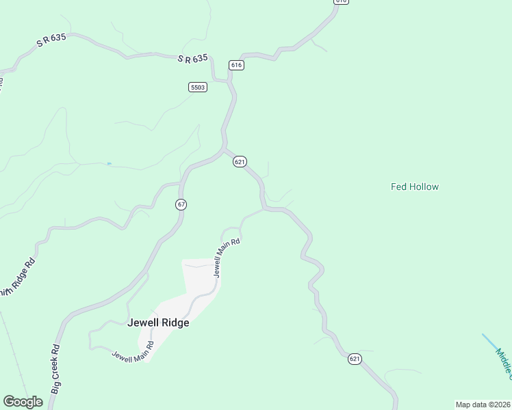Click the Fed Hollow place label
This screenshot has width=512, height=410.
[414, 187]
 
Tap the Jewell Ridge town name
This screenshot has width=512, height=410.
[158, 323]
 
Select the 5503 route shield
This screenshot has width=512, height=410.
[198, 87]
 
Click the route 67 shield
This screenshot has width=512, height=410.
[181, 204]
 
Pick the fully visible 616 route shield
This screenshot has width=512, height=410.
[236, 65]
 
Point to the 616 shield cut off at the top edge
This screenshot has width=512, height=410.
[341, 1]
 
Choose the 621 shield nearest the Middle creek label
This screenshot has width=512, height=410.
[354, 359]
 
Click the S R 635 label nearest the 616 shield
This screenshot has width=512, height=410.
[192, 59]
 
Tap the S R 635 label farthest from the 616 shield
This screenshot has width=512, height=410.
[51, 41]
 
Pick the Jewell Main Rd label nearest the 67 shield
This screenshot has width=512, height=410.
[228, 257]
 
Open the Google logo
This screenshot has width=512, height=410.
[23, 402]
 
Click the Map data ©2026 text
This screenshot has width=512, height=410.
[483, 405]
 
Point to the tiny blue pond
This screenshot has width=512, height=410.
[109, 163]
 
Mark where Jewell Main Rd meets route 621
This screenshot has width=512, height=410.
[263, 209]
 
